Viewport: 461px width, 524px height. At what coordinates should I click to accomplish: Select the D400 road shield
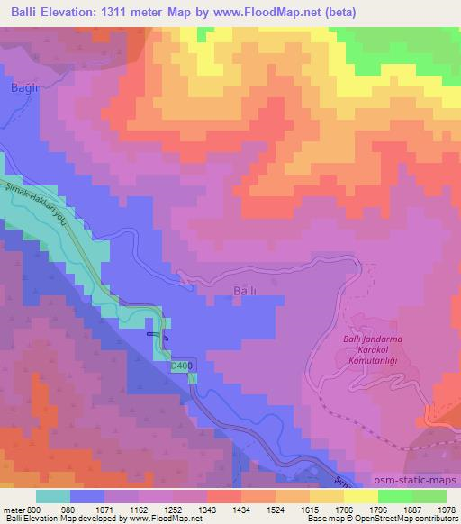pyautogui.click(x=181, y=366)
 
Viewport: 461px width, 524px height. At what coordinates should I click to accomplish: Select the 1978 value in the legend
pyautogui.click(x=443, y=509)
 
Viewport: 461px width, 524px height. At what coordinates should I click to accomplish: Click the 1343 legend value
pyautogui.click(x=239, y=509)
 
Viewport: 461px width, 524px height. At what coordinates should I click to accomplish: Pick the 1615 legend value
pyautogui.click(x=322, y=509)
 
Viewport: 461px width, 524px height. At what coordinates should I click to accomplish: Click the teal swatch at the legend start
pyautogui.click(x=54, y=495)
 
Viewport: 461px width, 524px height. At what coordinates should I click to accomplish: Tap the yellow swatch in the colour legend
pyautogui.click(x=360, y=495)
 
